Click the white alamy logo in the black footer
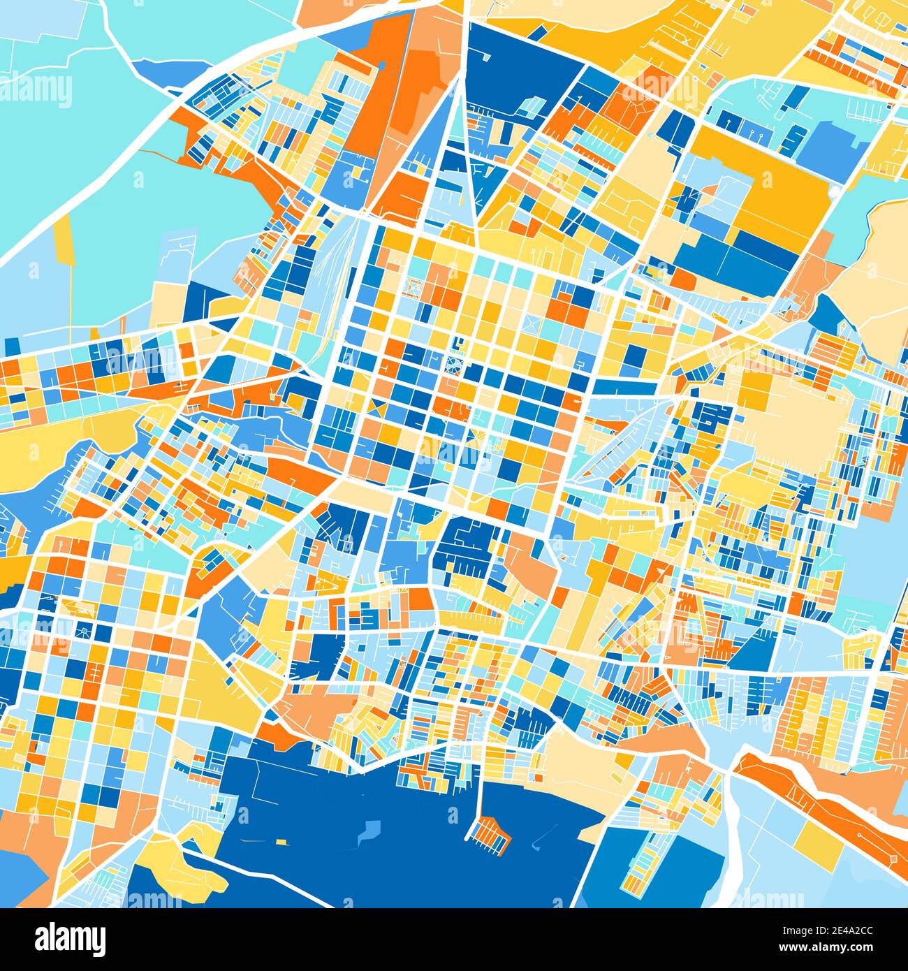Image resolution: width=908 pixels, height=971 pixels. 71,938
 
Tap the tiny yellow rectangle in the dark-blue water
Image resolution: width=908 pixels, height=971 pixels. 281,841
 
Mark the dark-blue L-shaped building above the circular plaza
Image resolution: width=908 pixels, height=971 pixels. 458,344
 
